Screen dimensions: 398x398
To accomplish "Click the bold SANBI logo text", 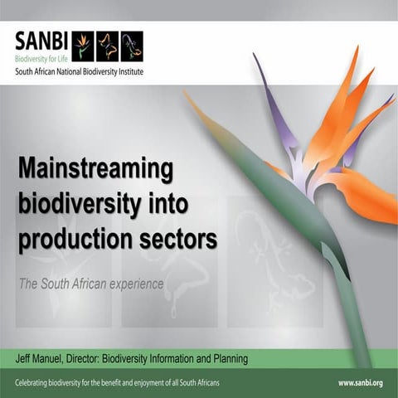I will (41, 41).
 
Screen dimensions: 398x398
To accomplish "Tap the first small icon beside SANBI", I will (83, 46).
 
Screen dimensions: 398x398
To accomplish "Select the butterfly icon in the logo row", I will (107, 46).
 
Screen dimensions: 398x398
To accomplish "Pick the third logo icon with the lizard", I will (132, 46).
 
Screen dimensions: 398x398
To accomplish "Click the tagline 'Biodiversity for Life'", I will (41, 60).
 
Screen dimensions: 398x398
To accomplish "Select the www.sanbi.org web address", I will (360, 382).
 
